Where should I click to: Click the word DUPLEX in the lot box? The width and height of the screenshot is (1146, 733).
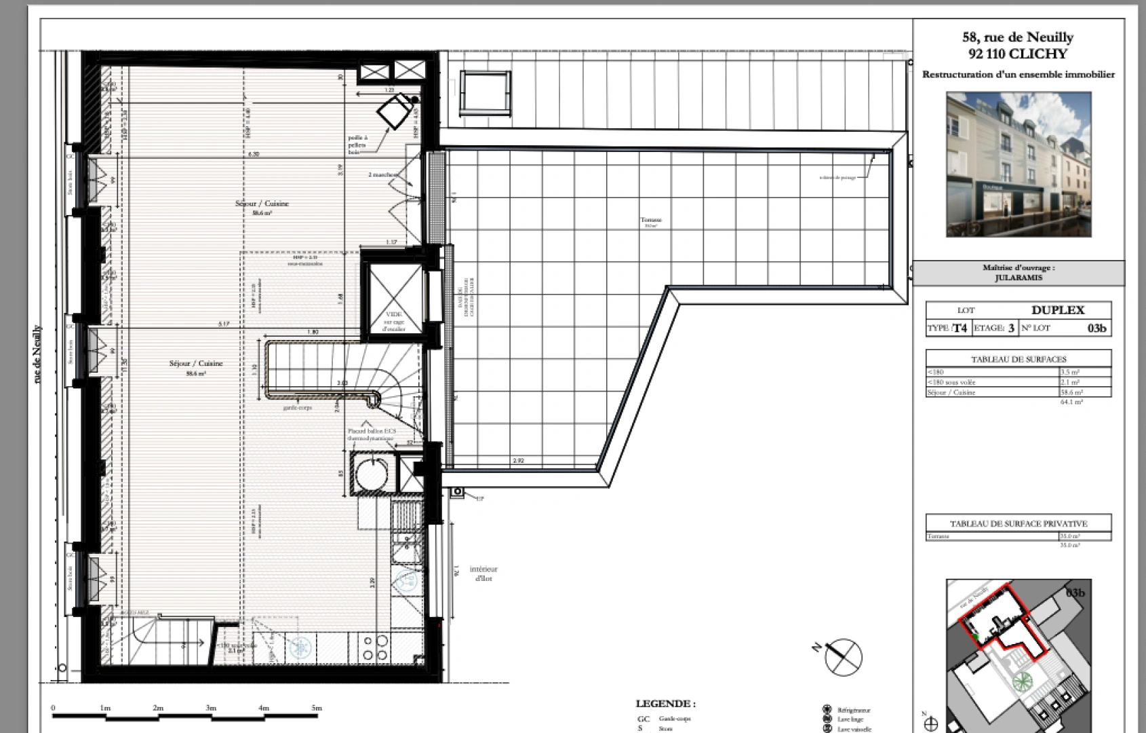[x=1057, y=310]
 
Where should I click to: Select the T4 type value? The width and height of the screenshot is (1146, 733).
[x=960, y=328]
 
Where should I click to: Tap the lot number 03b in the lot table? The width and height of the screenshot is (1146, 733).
[x=1096, y=328]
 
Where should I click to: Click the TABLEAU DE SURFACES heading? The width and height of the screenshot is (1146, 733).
[x=1019, y=359]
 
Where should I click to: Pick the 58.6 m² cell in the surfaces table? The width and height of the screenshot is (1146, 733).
[x=1072, y=392]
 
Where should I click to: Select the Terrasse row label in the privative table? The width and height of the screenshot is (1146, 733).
[x=939, y=536]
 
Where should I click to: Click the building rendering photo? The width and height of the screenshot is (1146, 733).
[x=1019, y=164]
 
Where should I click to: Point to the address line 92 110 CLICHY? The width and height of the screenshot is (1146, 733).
[x=1018, y=54]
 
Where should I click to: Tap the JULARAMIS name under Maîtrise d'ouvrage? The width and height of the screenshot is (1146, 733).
[x=1019, y=277]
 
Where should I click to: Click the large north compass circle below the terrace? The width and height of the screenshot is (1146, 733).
[x=844, y=656]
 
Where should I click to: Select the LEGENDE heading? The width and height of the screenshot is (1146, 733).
[x=665, y=704]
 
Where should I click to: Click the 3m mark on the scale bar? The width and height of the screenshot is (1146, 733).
[x=211, y=708]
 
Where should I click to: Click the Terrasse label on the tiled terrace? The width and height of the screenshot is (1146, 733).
[x=651, y=220]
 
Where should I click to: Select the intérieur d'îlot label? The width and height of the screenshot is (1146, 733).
[x=483, y=574]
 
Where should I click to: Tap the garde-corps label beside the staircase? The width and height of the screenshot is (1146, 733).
[x=298, y=408]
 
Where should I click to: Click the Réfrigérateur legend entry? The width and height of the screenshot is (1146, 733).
[x=853, y=710]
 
